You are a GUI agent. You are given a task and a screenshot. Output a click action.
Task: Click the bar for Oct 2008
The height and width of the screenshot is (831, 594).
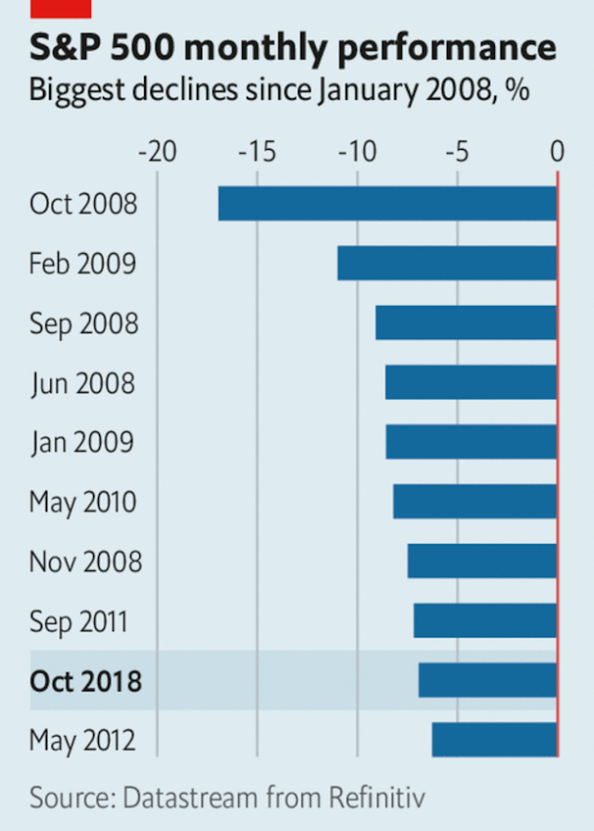pos(387,204)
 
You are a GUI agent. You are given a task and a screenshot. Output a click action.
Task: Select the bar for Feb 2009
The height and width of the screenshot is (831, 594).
pos(447,264)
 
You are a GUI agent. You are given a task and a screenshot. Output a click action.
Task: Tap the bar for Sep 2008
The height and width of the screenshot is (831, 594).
pos(466,323)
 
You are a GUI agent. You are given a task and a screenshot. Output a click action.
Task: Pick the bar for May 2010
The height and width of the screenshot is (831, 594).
pos(474,502)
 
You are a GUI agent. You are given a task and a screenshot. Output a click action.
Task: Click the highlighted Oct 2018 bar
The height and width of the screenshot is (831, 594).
pos(487,680)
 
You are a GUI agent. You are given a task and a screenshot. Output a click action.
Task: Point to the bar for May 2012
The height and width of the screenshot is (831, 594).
pos(494,740)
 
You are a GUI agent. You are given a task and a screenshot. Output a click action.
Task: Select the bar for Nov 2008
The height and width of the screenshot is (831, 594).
pos(481,562)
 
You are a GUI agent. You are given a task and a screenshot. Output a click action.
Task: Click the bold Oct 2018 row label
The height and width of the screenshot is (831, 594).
pos(86,681)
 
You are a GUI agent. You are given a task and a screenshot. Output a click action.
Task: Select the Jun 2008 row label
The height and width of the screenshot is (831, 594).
pos(82,383)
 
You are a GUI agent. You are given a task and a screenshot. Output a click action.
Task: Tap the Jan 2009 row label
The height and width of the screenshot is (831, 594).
pos(82,443)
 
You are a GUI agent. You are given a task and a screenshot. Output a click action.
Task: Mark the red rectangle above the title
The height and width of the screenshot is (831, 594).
pos(61,8)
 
